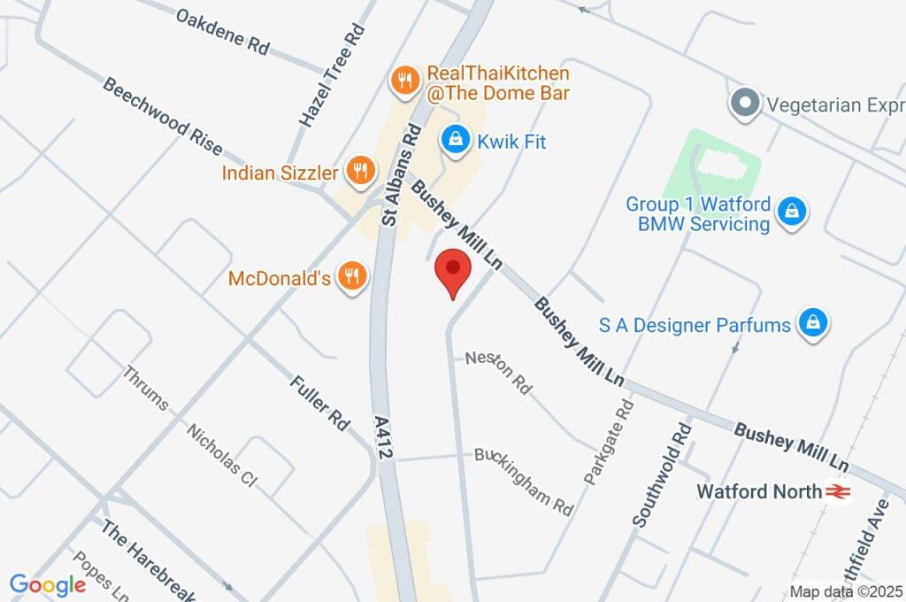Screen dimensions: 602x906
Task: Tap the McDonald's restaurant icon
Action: pyautogui.click(x=352, y=276)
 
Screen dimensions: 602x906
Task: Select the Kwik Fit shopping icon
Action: pyautogui.click(x=455, y=139)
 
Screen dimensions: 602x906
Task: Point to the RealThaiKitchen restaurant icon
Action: pyautogui.click(x=405, y=81)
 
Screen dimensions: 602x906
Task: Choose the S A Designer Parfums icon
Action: pyautogui.click(x=811, y=323)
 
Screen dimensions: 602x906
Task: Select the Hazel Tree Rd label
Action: pyautogui.click(x=332, y=75)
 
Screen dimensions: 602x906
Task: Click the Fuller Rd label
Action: pyautogui.click(x=320, y=403)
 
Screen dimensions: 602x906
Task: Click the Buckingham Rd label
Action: pyautogui.click(x=525, y=481)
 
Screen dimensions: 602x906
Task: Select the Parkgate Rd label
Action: pyautogui.click(x=610, y=442)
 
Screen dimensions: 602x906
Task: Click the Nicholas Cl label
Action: pyautogui.click(x=221, y=453)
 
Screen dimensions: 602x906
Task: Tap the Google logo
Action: pyautogui.click(x=48, y=585)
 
